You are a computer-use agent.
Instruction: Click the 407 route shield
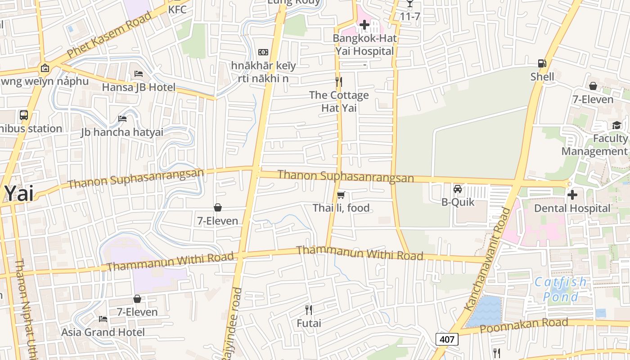point(447,339)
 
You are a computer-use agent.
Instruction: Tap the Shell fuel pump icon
point(542,64)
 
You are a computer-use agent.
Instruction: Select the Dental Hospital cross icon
point(572,195)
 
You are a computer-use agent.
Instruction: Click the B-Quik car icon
point(458,189)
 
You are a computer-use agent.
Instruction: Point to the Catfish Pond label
point(560,289)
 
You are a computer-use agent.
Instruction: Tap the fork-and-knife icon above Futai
point(309,310)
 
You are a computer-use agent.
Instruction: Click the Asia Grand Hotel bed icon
point(103,319)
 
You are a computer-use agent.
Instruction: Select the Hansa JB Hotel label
point(139,87)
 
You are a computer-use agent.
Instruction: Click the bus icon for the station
point(24,115)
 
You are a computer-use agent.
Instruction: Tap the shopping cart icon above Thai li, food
point(341,195)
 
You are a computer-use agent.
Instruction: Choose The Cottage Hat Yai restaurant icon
point(339,82)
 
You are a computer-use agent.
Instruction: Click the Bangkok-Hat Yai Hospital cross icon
point(364,25)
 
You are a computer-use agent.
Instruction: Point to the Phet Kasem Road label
point(109,35)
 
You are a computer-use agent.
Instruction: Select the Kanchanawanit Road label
point(489,259)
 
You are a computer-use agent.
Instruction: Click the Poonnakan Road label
point(524,325)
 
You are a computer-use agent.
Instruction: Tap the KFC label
point(177,9)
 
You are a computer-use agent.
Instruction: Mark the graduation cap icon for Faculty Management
point(616,125)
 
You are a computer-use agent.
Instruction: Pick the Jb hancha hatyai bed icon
point(122,119)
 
